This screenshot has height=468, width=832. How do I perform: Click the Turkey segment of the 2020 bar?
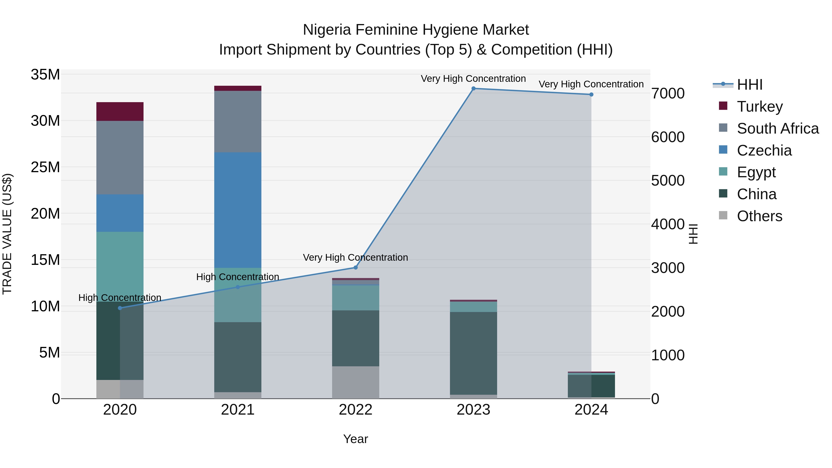(x=120, y=111)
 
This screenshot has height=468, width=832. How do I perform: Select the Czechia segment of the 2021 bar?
(x=238, y=210)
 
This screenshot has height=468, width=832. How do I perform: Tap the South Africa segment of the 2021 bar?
(x=238, y=121)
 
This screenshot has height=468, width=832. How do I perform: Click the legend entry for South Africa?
(x=777, y=128)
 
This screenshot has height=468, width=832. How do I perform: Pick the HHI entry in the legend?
(x=749, y=85)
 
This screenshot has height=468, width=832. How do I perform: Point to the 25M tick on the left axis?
(x=45, y=167)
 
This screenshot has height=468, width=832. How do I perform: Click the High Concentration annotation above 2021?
(x=238, y=277)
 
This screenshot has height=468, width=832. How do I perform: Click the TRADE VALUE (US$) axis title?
(x=7, y=234)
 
